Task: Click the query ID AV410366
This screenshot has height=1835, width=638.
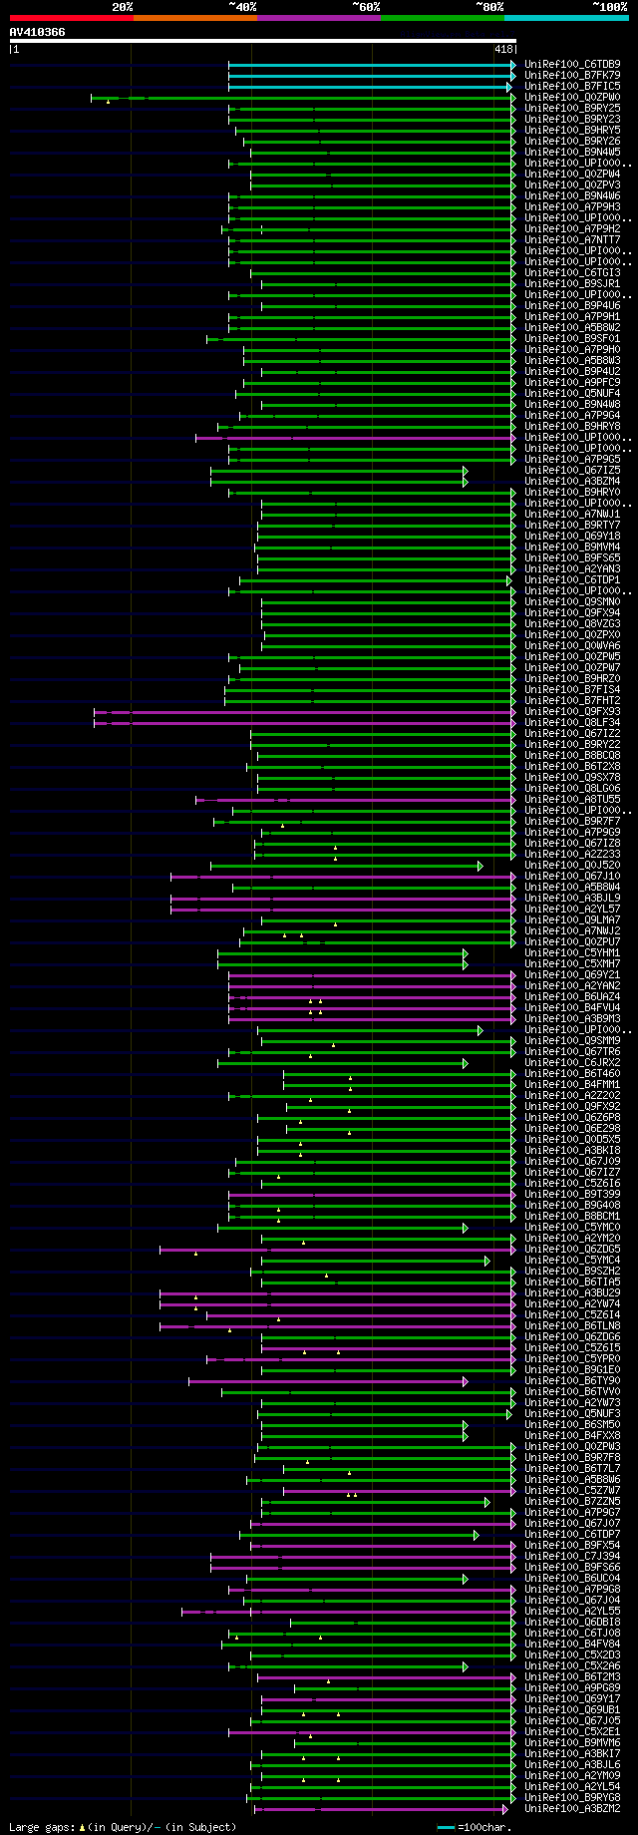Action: (x=38, y=32)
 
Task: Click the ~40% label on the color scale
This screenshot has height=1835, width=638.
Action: (x=242, y=7)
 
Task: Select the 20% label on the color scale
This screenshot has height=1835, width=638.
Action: (x=122, y=7)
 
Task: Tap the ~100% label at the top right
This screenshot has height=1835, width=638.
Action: (x=609, y=7)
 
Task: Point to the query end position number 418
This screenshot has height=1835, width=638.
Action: (x=502, y=49)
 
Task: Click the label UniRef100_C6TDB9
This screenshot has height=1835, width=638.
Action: (x=572, y=65)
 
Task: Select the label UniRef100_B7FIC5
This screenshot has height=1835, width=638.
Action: (x=572, y=87)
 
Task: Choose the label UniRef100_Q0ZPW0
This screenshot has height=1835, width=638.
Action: (x=572, y=98)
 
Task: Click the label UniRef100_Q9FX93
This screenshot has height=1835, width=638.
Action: (x=572, y=712)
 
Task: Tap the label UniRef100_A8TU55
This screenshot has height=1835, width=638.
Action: (x=572, y=800)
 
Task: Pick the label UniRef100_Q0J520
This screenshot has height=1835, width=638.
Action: (x=572, y=866)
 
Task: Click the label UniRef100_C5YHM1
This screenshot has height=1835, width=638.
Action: (x=572, y=953)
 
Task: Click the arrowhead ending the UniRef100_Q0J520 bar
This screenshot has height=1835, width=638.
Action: (x=479, y=866)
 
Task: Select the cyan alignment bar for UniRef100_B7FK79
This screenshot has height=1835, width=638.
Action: (x=369, y=76)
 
